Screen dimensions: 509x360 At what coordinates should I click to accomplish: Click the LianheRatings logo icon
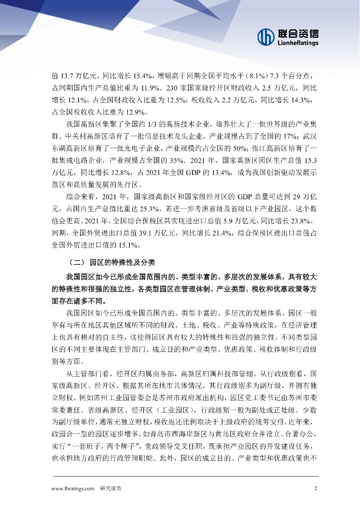266,36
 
